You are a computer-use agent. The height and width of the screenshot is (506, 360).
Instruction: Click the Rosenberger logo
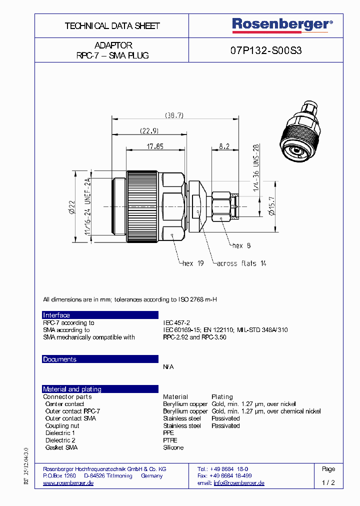pos(282,25)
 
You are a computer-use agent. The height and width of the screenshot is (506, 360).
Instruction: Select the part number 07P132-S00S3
pos(266,50)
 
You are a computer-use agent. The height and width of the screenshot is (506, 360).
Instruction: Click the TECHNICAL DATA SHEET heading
pos(112,26)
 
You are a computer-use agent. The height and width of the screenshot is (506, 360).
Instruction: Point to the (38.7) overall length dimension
pos(174,115)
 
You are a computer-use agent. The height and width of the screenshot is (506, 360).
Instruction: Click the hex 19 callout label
pos(192,263)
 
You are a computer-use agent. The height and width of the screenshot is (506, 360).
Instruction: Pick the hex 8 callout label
pos(242,245)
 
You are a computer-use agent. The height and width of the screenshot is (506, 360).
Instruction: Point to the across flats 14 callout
pos(241,263)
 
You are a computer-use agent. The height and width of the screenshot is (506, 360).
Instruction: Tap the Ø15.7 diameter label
pos(271,206)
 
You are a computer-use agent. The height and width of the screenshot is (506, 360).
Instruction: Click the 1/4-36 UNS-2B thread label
pos(255,168)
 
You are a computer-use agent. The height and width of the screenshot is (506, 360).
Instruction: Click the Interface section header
pos(56,315)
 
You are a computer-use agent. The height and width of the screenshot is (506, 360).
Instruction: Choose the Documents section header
pos(59,359)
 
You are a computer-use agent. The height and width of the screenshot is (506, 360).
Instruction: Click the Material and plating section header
pos(72,389)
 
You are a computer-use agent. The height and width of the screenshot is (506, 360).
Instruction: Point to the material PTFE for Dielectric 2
pos(170,440)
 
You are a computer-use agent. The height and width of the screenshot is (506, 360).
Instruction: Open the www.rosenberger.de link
pos(68,483)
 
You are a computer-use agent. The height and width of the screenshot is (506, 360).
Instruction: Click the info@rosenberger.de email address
pos(239,483)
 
